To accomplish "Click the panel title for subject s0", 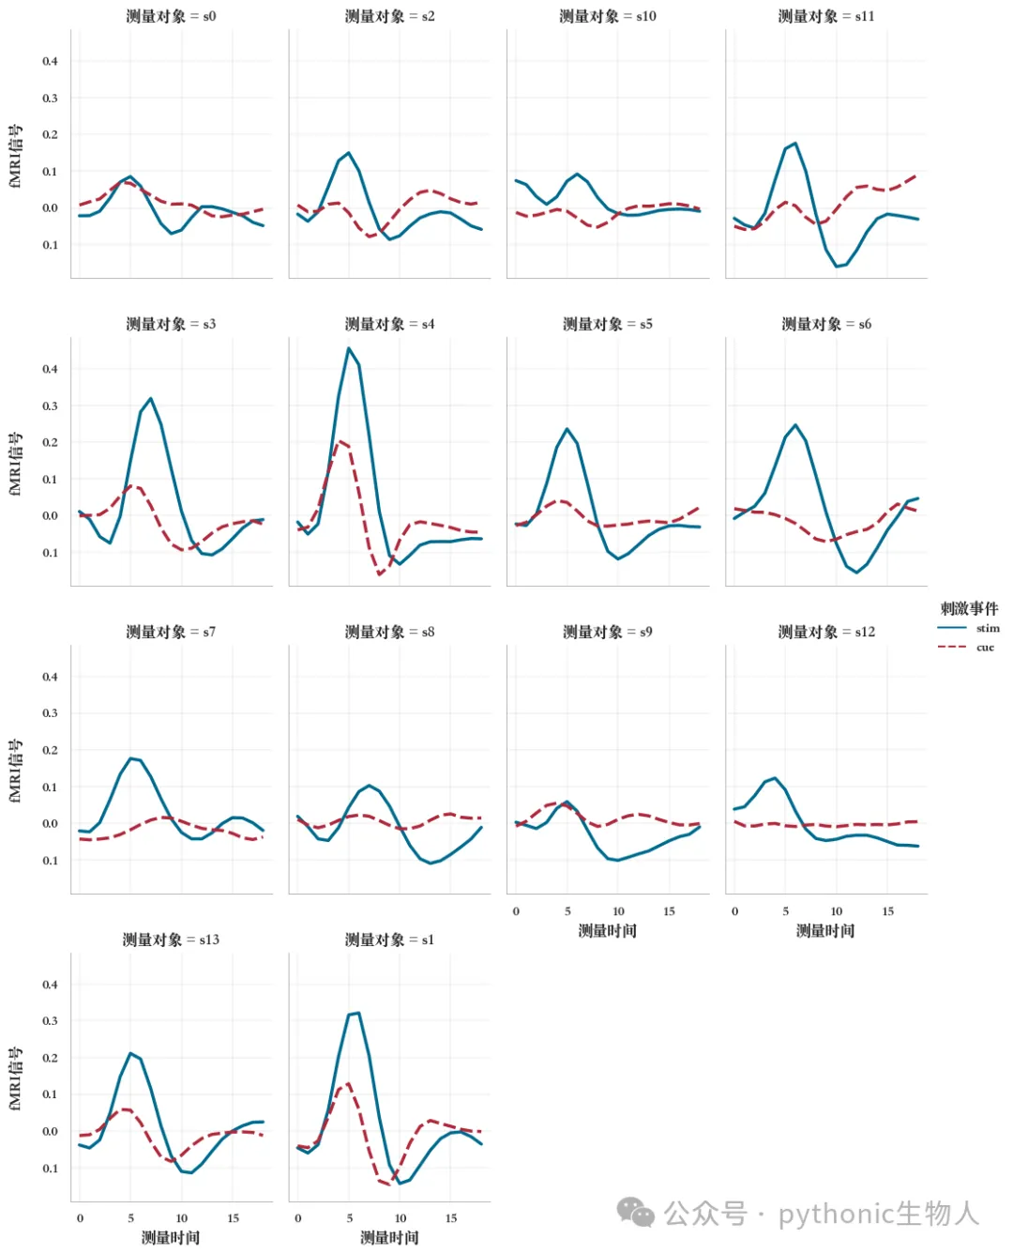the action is click(171, 16).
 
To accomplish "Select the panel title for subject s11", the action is click(825, 16).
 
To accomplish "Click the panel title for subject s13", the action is click(171, 939).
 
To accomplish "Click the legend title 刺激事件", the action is click(968, 607).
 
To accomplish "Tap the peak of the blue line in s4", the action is click(348, 348).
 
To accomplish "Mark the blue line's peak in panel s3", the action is click(151, 399).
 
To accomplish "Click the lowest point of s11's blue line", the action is click(836, 267).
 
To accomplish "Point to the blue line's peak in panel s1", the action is click(358, 1013).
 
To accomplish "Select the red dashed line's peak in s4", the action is click(340, 441).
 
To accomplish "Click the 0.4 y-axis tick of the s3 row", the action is click(50, 369).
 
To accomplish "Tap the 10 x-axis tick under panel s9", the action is click(618, 911).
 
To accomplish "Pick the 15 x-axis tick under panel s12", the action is click(887, 911).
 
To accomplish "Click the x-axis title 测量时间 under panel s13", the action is click(170, 1237).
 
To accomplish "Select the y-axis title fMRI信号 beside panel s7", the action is click(16, 771).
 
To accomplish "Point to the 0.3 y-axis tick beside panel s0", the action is click(50, 98).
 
